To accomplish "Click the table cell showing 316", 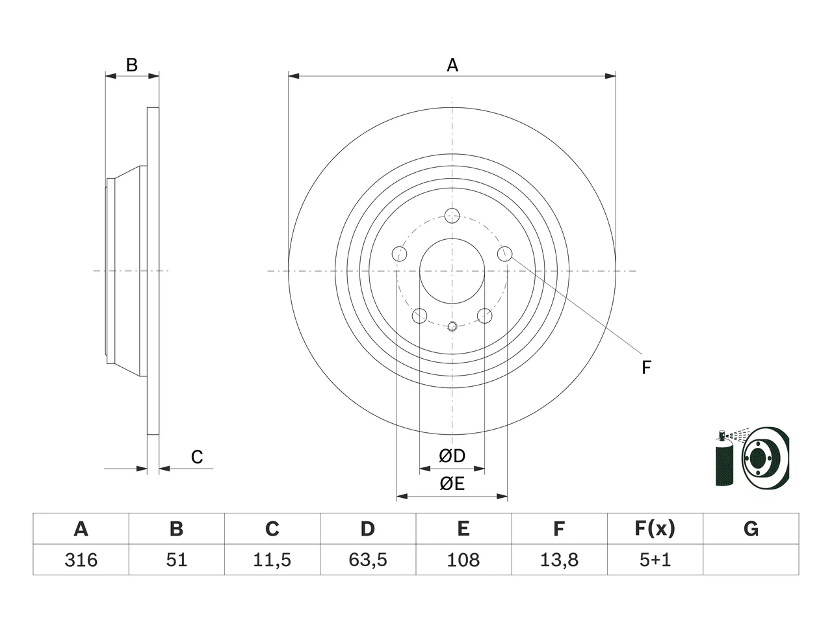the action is pos(81,560).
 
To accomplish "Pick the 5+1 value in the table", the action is pos(655,560).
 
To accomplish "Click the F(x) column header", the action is pos(655,528).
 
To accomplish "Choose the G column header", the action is pos(751,528).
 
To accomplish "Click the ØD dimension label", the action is pos(452,456).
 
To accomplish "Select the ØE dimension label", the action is pos(452,484).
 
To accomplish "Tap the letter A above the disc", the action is pos(452,65).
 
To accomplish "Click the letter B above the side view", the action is pos(131,65).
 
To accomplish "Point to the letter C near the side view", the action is pos(197,457).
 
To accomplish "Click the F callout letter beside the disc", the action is pos(646,367).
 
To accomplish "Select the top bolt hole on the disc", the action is pos(452,216).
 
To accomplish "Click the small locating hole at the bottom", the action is pos(452,326).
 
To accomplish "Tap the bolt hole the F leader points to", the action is pos(504,253).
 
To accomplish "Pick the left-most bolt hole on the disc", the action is pos(400,253).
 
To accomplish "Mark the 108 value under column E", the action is pos(463,560).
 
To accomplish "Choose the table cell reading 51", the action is pos(176,560).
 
